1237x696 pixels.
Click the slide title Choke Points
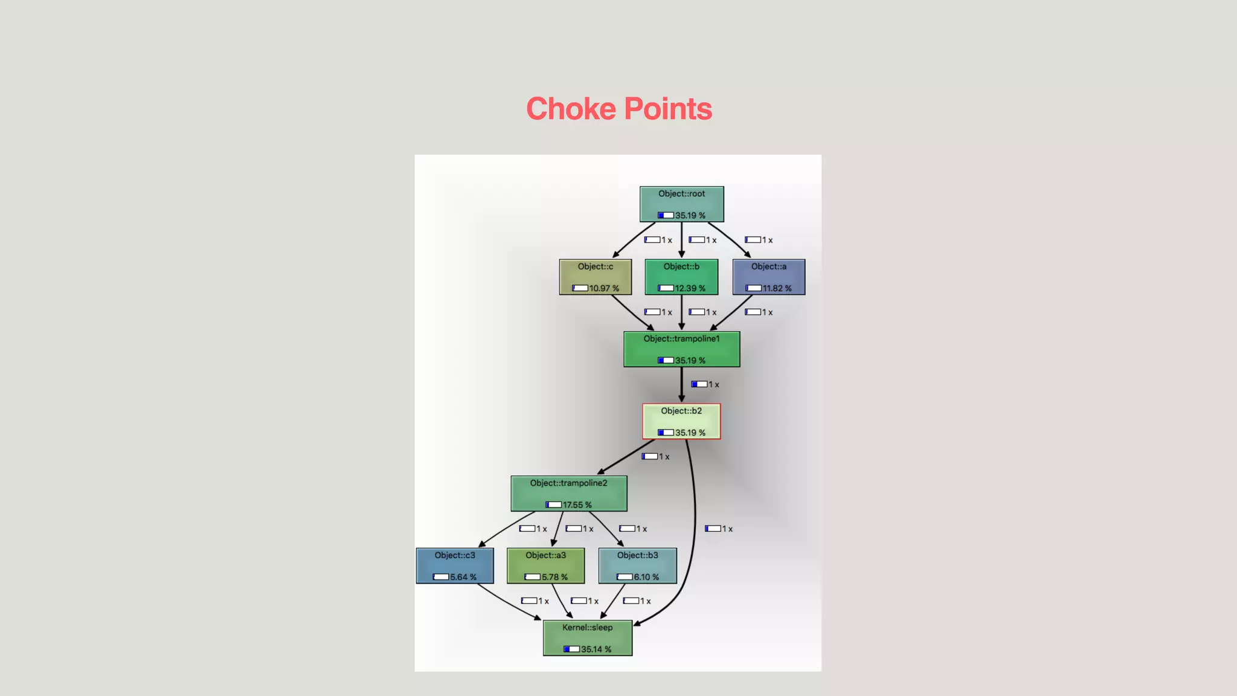(x=618, y=109)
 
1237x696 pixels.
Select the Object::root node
(x=681, y=204)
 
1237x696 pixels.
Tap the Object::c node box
(x=595, y=277)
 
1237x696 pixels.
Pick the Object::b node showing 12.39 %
(x=681, y=277)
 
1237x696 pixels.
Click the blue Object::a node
(x=768, y=277)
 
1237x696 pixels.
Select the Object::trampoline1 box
(x=681, y=349)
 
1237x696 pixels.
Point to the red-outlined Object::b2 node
(x=681, y=421)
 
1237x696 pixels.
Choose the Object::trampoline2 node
(x=568, y=494)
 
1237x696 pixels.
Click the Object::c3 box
(x=455, y=565)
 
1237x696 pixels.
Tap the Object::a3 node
(x=545, y=565)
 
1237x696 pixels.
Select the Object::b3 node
(x=637, y=565)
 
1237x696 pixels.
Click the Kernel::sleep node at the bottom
(x=587, y=638)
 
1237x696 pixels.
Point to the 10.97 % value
(x=604, y=289)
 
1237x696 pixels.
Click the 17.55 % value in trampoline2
(x=577, y=505)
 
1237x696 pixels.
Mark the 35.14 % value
(x=596, y=649)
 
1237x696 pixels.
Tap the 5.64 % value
(x=463, y=578)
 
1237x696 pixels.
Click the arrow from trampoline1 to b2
(x=681, y=384)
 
